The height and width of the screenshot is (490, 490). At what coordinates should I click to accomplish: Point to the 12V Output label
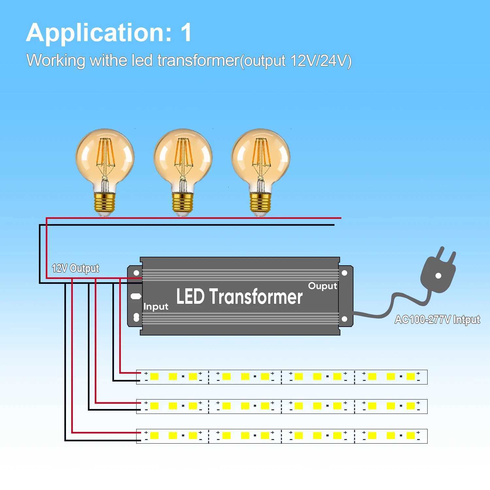click(75, 268)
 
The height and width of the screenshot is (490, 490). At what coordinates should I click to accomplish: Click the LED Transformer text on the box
click(239, 297)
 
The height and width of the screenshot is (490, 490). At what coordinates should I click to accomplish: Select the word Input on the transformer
click(156, 307)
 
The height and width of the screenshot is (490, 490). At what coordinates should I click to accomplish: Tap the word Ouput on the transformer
click(322, 286)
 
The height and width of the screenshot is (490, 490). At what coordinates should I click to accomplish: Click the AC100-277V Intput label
click(437, 319)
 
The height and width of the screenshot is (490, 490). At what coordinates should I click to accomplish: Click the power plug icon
click(438, 271)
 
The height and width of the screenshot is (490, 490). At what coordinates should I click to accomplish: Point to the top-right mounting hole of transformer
click(344, 273)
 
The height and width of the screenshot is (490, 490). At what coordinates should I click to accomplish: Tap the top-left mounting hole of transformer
click(136, 273)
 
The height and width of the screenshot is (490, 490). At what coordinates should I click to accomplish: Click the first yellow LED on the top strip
click(154, 377)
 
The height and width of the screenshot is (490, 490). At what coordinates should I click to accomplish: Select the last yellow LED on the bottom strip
click(411, 435)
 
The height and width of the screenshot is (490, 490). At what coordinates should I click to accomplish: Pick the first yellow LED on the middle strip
click(154, 406)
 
